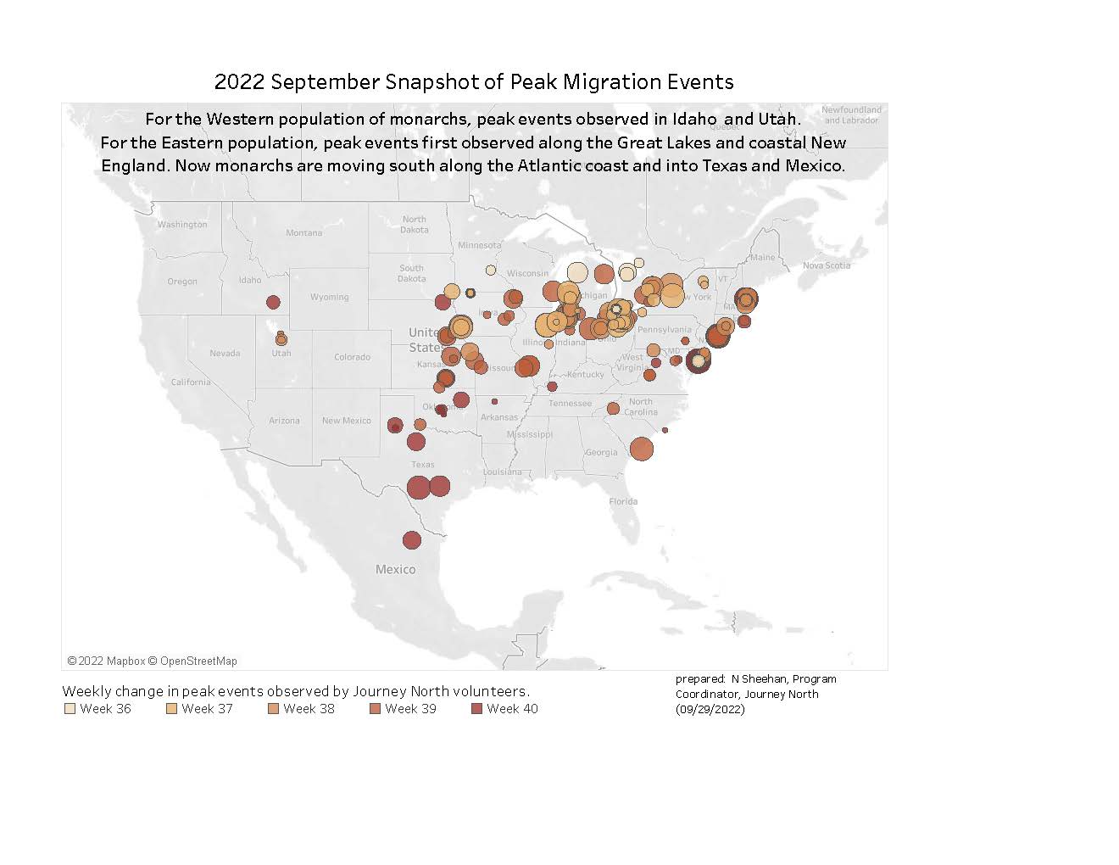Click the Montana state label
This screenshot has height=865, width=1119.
[x=303, y=232]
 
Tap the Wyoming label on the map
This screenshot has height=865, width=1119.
[x=329, y=297]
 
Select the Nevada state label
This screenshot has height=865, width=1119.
[x=225, y=353]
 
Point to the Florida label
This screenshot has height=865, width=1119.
[x=623, y=501]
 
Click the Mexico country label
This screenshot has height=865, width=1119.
[x=396, y=569]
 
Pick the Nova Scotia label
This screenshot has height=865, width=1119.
[x=827, y=265]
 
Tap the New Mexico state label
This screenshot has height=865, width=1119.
[x=346, y=420]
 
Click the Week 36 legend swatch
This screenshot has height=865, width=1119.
[x=70, y=709]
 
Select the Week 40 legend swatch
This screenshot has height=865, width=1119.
[x=476, y=709]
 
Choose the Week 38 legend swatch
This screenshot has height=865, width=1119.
[x=273, y=709]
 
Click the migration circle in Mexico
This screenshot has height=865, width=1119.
[x=412, y=540]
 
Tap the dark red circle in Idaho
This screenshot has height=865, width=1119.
[x=273, y=302]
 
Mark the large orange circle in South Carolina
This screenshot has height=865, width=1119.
[x=642, y=448]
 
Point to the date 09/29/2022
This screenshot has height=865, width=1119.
[x=710, y=709]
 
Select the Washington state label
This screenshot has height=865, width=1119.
[x=181, y=225]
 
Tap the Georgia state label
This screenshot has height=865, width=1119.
[x=601, y=452]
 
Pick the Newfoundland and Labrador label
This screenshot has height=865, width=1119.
[x=851, y=114]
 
